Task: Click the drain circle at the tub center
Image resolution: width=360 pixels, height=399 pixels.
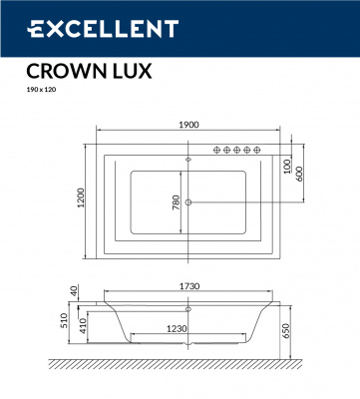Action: pos(189,202)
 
